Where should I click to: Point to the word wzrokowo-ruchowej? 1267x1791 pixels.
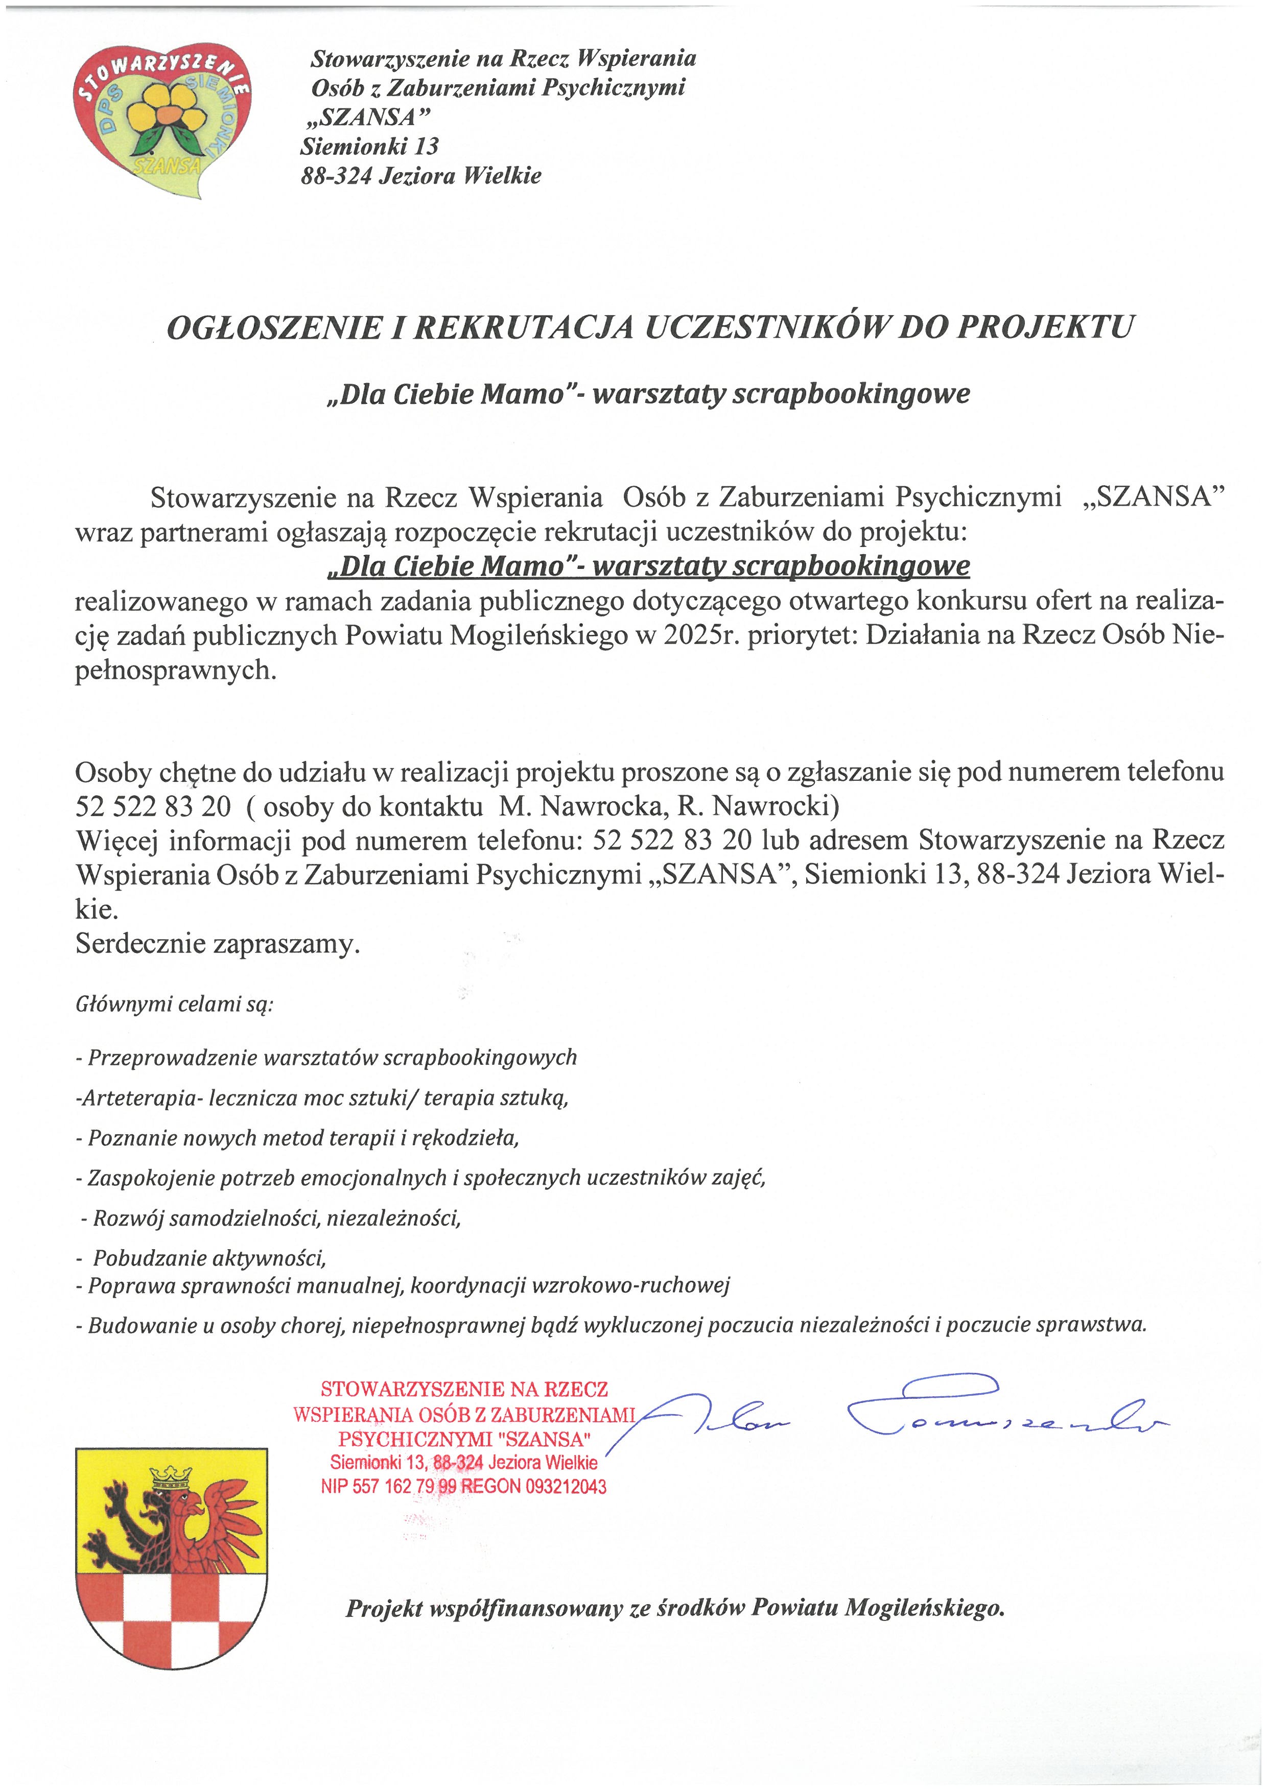click(630, 1285)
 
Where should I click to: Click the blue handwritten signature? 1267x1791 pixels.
click(897, 1412)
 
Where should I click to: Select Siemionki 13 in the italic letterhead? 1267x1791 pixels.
click(370, 146)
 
